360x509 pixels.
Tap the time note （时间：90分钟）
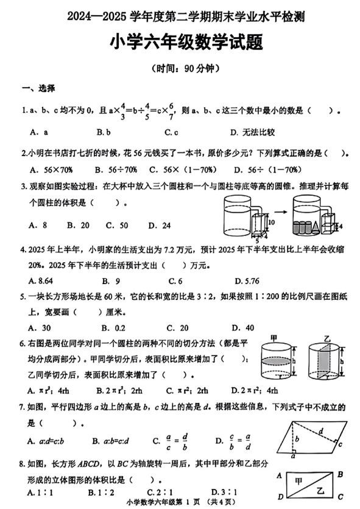180,69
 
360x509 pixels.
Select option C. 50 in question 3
116,225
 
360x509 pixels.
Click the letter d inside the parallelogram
319,431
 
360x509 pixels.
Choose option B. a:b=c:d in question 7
119,440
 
